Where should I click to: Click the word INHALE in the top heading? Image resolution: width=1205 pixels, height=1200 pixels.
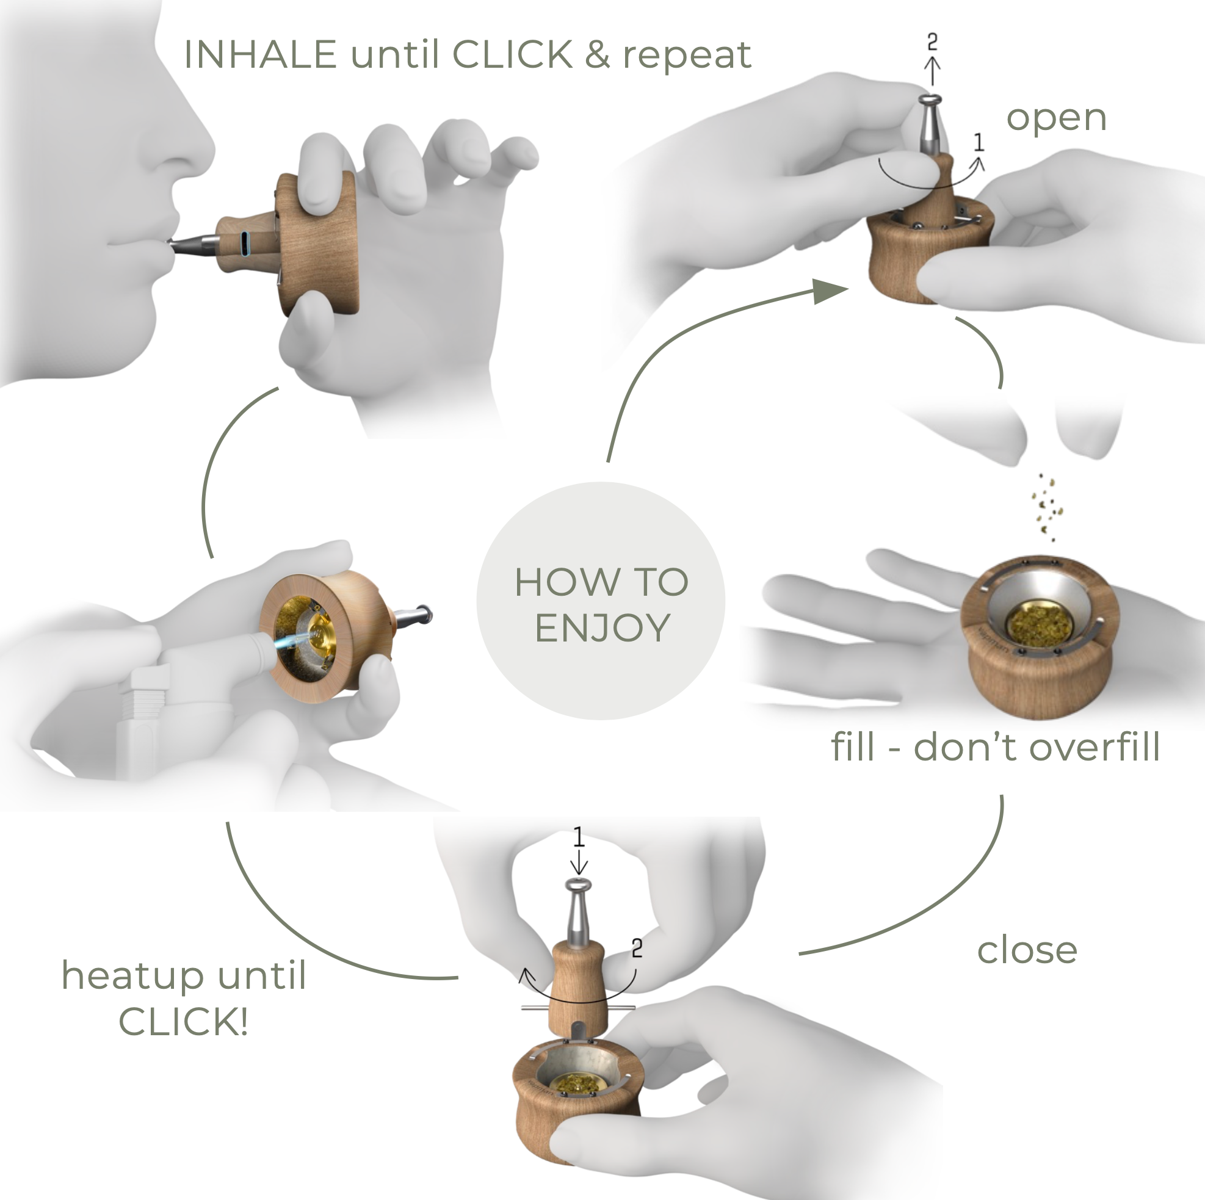[260, 55]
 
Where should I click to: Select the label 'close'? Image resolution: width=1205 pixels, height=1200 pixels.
[1027, 950]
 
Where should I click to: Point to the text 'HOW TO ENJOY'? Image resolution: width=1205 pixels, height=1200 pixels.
[601, 604]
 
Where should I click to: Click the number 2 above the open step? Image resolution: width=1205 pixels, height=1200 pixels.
[932, 42]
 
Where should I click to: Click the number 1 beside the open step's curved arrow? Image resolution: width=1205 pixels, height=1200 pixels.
[979, 143]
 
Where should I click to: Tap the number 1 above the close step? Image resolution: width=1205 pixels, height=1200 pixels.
[578, 837]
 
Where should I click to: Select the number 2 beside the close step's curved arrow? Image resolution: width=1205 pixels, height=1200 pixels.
[637, 949]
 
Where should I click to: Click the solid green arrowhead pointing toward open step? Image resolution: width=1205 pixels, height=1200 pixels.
[829, 292]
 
